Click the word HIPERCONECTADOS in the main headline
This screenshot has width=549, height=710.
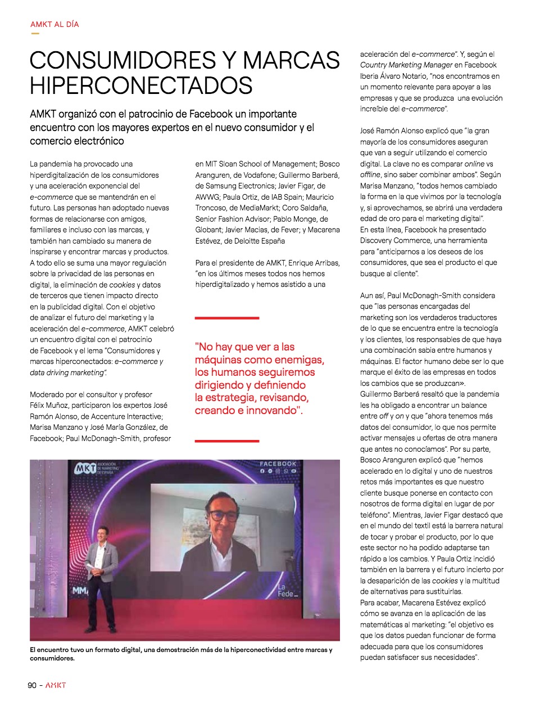tap(141, 86)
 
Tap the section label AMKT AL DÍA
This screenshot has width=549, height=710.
tap(55, 24)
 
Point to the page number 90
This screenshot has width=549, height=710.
tap(32, 685)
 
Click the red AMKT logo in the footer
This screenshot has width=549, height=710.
tap(56, 685)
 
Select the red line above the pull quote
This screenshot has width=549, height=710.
tap(227, 318)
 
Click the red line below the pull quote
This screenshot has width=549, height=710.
tap(227, 441)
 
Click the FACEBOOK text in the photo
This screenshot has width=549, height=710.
tap(278, 464)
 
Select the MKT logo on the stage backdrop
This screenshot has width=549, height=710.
tap(85, 468)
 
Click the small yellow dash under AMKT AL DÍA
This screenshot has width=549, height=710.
tap(35, 33)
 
